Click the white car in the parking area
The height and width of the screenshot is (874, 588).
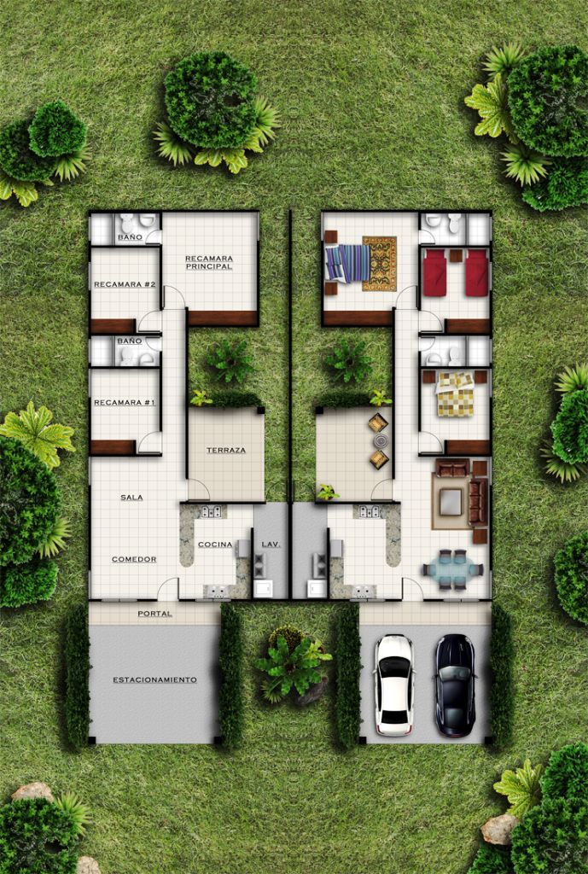(x=394, y=685)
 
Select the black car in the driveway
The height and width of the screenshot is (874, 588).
(x=455, y=685)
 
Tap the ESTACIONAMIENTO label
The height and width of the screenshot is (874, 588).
(x=154, y=680)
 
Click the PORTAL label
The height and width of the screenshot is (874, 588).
(x=155, y=614)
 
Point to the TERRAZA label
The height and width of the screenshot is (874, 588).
(x=225, y=451)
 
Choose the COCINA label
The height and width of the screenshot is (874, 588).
(x=215, y=545)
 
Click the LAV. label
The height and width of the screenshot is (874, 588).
(x=271, y=545)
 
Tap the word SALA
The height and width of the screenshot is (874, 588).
(x=131, y=498)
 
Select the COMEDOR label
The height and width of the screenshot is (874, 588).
(x=134, y=559)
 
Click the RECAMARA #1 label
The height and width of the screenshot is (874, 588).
(x=125, y=403)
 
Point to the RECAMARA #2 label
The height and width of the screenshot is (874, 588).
(x=125, y=284)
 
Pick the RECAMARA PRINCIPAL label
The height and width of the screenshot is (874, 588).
(x=209, y=263)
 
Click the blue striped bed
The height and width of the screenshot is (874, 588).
(x=348, y=263)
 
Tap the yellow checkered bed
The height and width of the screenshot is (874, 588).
(x=455, y=394)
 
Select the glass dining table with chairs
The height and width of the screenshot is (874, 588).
(x=452, y=569)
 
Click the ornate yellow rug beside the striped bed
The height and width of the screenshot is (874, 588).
(x=380, y=264)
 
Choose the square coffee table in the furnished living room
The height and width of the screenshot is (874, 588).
(x=451, y=502)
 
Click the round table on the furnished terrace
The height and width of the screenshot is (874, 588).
(x=380, y=441)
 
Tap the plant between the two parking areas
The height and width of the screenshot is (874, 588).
(x=291, y=663)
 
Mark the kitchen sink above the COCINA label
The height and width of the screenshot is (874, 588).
(x=212, y=511)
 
